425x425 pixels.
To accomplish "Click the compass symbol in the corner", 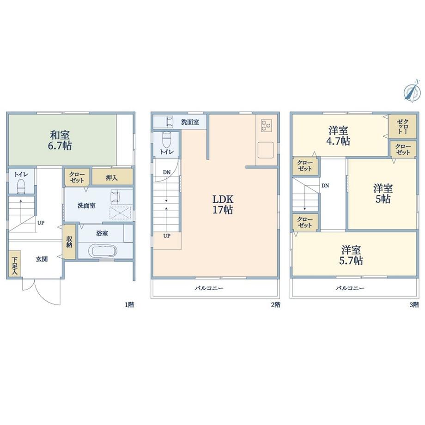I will click(x=410, y=91).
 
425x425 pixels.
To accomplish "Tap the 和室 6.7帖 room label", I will click(x=61, y=140).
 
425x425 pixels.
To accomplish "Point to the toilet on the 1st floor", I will click(x=21, y=187).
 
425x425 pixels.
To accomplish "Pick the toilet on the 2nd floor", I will click(x=167, y=139).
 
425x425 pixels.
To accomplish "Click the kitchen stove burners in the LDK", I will click(x=267, y=125).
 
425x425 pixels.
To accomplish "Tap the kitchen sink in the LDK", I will click(x=267, y=150).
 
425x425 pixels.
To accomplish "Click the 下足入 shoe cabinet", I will click(x=14, y=266).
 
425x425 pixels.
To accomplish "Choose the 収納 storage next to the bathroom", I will click(x=69, y=242).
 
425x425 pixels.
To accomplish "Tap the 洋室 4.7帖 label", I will click(x=339, y=136).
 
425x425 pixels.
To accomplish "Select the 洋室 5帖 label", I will click(x=383, y=194).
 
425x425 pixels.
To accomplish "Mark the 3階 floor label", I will click(x=414, y=304).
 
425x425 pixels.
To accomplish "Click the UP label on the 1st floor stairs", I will click(x=41, y=222).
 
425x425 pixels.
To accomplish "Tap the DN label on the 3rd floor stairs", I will click(x=325, y=185).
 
